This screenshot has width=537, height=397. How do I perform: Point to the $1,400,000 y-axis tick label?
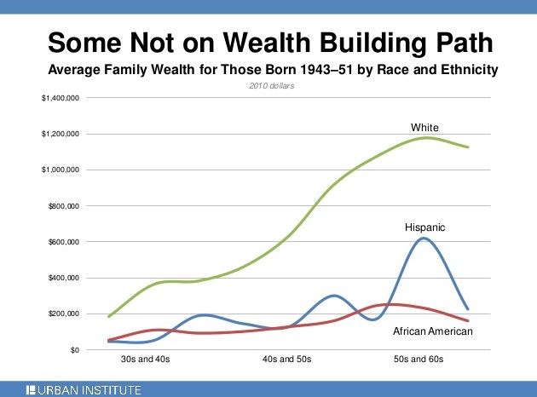[61, 99]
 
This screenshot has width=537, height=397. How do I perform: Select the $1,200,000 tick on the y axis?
[61, 135]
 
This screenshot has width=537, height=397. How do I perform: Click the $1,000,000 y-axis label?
[61, 170]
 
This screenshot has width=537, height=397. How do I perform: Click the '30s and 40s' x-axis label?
[146, 360]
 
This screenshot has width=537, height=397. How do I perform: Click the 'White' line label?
[424, 128]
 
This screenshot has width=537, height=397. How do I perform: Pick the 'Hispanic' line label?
[425, 227]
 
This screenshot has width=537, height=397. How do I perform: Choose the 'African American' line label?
[432, 331]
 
